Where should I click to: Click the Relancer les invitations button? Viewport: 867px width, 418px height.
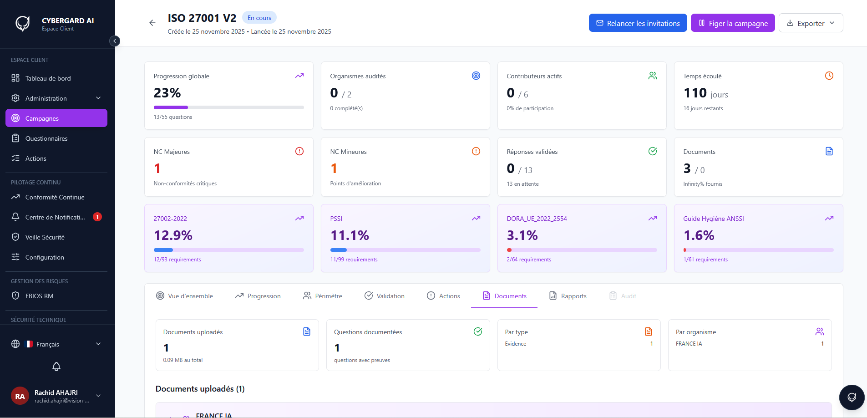(x=638, y=23)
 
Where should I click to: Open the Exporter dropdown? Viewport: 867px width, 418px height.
(x=811, y=23)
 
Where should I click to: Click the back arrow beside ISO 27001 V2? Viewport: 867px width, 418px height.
(x=152, y=23)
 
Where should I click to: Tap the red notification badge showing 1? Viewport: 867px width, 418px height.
(x=97, y=217)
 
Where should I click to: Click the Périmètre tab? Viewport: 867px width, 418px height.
(x=322, y=296)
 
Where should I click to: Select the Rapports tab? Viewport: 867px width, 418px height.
(x=568, y=296)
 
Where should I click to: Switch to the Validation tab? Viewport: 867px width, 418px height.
(x=384, y=296)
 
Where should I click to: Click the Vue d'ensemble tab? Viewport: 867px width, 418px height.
(x=184, y=296)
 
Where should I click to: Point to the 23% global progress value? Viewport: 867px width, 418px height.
(x=167, y=93)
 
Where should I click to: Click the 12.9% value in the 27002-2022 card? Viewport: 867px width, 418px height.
(x=173, y=235)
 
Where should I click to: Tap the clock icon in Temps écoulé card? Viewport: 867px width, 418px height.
(x=829, y=76)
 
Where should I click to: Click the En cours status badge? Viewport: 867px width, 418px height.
(x=259, y=18)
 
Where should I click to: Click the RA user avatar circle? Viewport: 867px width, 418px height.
(x=20, y=396)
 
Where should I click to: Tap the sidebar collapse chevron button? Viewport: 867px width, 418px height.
(x=115, y=41)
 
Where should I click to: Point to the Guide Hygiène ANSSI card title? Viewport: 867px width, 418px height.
(x=714, y=219)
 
